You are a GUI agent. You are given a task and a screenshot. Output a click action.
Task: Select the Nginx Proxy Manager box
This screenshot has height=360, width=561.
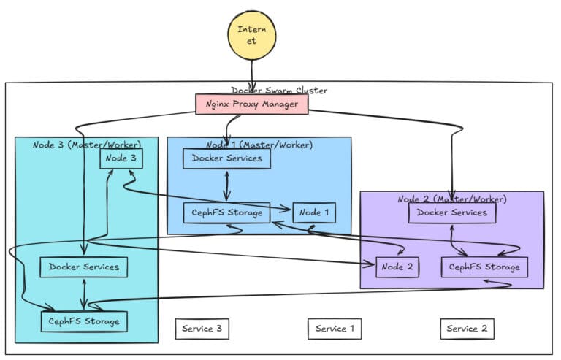[x=251, y=104]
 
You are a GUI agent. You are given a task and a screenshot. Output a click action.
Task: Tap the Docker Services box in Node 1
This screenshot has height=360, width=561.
[x=227, y=158]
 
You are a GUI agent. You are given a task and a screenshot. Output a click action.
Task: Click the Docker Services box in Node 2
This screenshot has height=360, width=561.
[x=452, y=212]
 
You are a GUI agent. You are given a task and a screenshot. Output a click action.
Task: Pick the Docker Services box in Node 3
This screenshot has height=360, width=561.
[x=84, y=267]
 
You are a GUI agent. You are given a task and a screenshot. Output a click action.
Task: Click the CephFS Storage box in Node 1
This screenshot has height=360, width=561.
[x=226, y=212]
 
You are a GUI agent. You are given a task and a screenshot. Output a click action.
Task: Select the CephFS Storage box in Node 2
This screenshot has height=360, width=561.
[x=484, y=267]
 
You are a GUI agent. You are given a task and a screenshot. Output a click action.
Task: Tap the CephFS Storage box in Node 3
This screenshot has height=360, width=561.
[x=84, y=321]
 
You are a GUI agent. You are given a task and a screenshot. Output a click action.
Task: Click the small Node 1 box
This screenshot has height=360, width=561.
[x=314, y=212]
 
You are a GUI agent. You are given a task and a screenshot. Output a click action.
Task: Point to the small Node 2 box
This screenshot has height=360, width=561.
[x=398, y=267]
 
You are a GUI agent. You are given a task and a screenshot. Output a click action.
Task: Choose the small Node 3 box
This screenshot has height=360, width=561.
[x=121, y=158]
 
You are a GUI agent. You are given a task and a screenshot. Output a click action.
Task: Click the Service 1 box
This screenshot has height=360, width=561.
[x=335, y=329]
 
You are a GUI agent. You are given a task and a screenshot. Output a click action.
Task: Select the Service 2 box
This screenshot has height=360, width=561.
[x=467, y=329]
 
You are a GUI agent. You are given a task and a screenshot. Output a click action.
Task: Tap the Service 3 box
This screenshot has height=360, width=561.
[x=202, y=329]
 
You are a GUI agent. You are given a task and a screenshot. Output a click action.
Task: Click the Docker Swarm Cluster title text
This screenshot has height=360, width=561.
[x=280, y=90]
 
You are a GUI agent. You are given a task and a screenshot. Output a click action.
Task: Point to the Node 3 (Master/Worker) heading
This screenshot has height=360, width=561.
[x=86, y=144]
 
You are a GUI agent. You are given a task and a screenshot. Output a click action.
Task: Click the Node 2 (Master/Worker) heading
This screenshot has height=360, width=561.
[x=452, y=199]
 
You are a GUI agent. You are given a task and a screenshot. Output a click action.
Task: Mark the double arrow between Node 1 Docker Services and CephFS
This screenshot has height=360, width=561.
[x=227, y=185]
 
